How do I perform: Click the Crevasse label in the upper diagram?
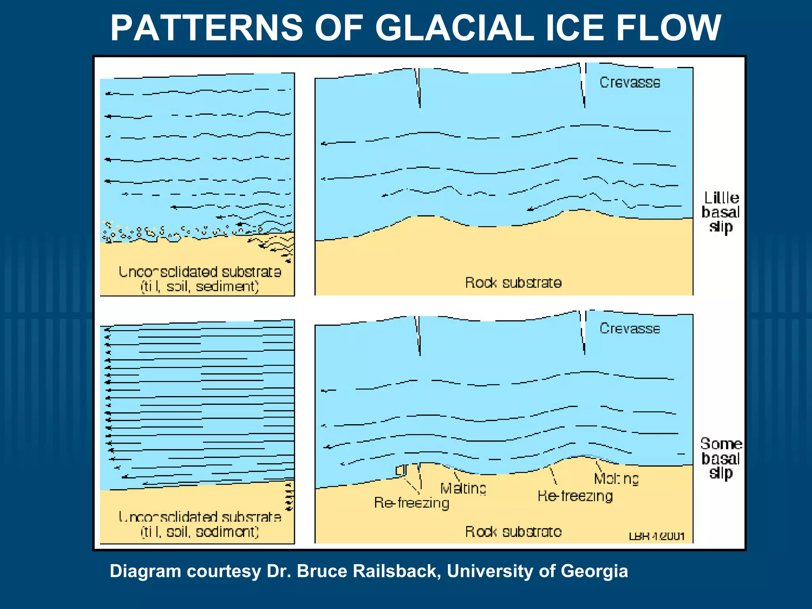[x=630, y=82]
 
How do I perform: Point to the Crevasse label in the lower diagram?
[x=630, y=329]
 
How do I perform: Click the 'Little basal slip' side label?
[x=721, y=213]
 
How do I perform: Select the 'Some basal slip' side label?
[x=721, y=459]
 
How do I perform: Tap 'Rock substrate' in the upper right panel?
[x=513, y=283]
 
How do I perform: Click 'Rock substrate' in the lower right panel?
[x=513, y=532]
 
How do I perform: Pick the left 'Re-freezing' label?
[x=412, y=503]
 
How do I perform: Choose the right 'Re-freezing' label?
[x=575, y=496]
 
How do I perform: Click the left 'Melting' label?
[x=463, y=488]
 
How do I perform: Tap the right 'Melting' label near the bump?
[x=616, y=479]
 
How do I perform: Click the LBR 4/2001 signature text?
[x=657, y=536]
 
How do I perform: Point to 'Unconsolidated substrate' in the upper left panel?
[x=200, y=272]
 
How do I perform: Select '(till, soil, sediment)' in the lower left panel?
[x=200, y=532]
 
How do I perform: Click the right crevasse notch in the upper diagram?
[x=583, y=85]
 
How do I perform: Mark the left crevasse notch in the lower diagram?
[x=418, y=335]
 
